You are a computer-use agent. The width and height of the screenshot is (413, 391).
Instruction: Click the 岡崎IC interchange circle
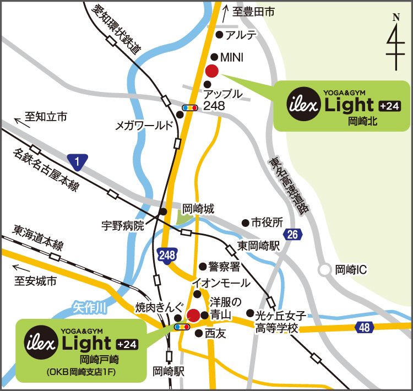325,270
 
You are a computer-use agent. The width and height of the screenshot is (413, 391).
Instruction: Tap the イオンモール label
220,283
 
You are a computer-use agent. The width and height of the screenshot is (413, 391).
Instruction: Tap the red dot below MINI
211,70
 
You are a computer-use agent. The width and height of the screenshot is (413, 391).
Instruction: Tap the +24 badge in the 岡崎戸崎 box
128,345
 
